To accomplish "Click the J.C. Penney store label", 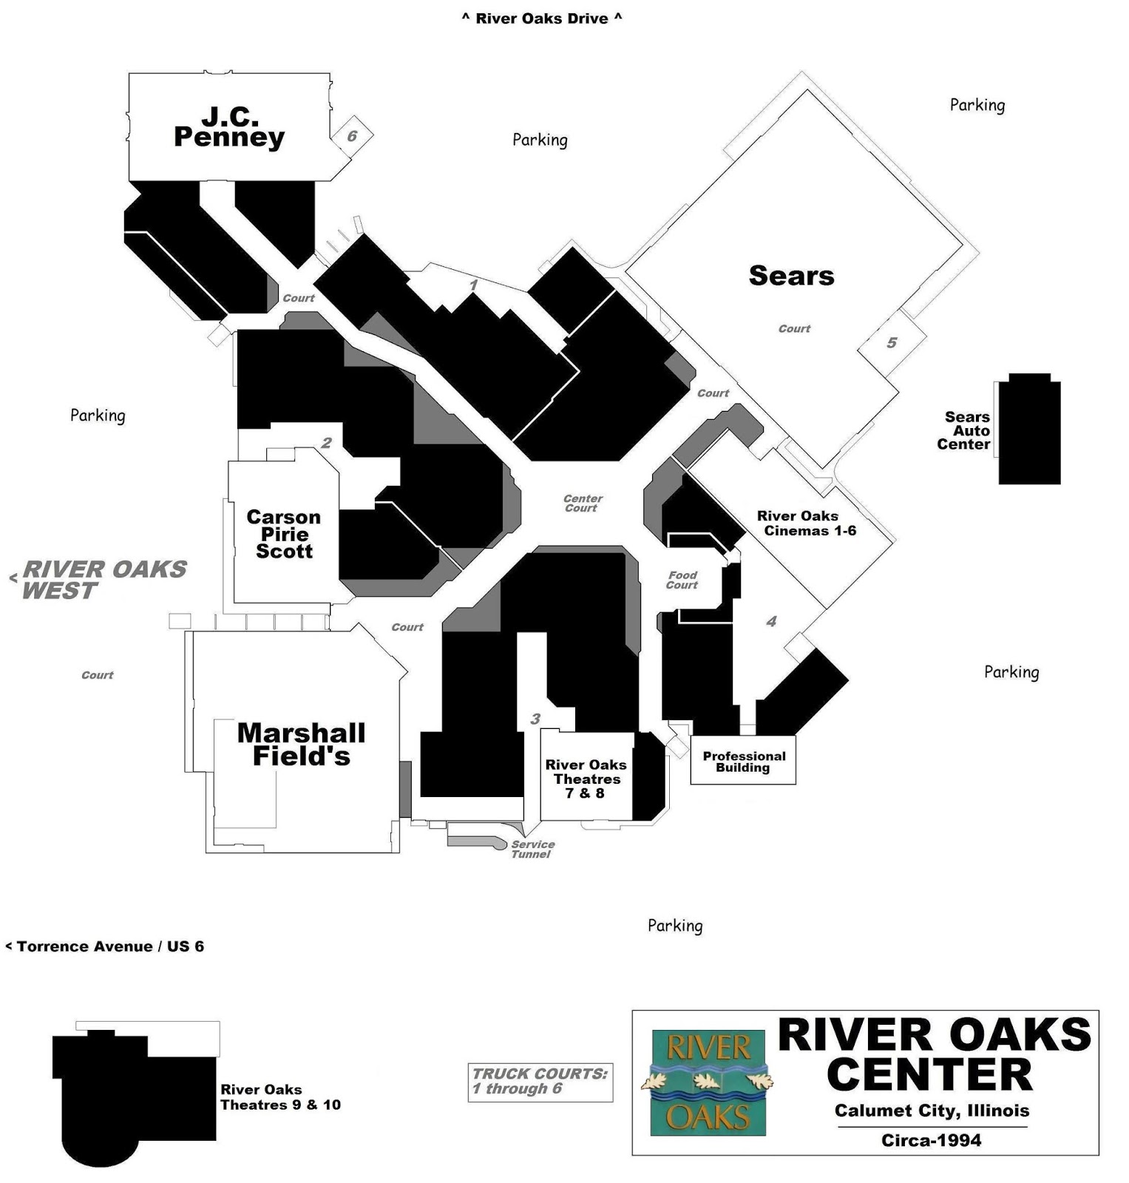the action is click(x=229, y=127).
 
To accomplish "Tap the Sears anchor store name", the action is click(x=791, y=276).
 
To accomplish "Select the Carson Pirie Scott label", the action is click(x=284, y=534).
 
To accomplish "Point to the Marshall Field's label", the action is click(x=302, y=745).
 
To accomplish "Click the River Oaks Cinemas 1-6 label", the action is click(x=806, y=523).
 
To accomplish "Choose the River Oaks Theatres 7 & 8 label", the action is click(x=586, y=779).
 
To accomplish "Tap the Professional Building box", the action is click(x=743, y=760).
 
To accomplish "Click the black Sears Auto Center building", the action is click(x=1029, y=429).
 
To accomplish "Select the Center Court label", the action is click(x=583, y=504).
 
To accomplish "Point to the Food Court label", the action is click(x=682, y=580).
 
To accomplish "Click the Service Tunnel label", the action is click(x=532, y=849).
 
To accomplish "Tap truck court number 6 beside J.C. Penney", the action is click(x=352, y=136).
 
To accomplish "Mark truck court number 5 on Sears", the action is click(x=892, y=342).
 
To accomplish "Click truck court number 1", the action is click(x=474, y=285).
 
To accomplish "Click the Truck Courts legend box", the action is click(x=540, y=1082).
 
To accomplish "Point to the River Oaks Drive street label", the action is click(x=542, y=18).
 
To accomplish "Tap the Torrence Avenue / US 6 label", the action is click(x=104, y=946).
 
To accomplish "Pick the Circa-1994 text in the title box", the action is click(x=932, y=1140).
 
